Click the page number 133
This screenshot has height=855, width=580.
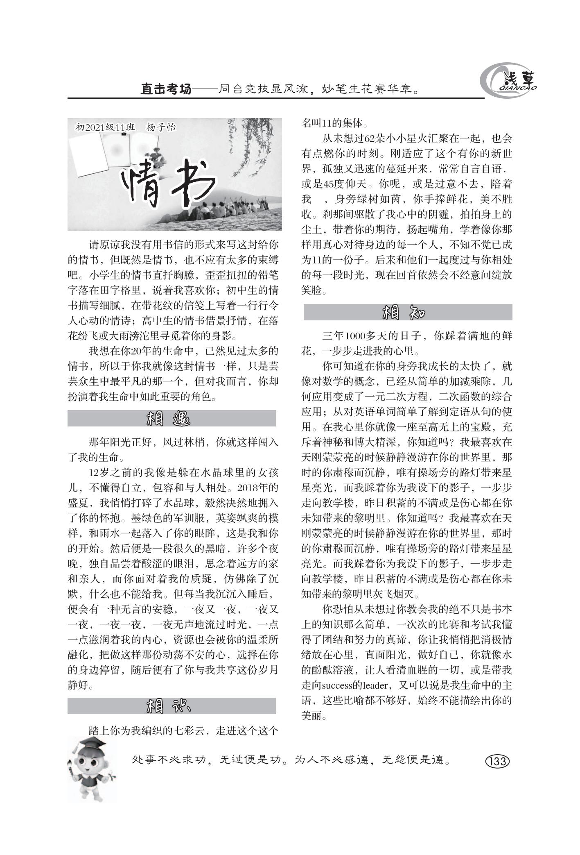tap(497, 762)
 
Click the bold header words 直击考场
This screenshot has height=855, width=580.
tap(166, 89)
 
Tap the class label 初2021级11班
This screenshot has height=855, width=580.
tap(105, 127)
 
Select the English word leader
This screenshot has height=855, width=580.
tap(376, 685)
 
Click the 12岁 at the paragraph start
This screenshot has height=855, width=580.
tap(99, 473)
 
